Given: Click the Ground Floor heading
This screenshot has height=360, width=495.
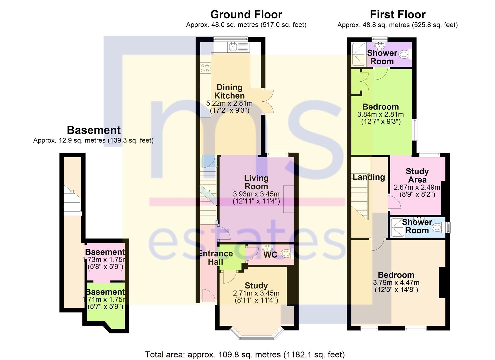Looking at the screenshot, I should (x=246, y=15).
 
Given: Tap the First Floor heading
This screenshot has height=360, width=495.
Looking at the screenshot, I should (x=397, y=15).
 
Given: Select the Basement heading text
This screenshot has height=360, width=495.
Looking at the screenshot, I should (x=94, y=130).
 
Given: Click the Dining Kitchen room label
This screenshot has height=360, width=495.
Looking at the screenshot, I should (x=229, y=91).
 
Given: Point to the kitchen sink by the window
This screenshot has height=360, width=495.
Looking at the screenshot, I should (x=233, y=47).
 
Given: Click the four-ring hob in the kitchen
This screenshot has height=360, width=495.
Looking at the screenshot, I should (x=205, y=68).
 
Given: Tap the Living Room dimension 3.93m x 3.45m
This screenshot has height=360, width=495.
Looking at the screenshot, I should (x=256, y=194).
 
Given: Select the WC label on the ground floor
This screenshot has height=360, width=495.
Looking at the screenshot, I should (x=270, y=255).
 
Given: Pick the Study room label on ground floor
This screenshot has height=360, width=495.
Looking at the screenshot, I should (x=256, y=286).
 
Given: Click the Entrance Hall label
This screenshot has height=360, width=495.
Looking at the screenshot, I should (x=216, y=258).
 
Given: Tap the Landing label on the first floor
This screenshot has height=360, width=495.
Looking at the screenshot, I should (x=369, y=177).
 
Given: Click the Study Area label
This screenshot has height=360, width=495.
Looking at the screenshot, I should (x=417, y=175).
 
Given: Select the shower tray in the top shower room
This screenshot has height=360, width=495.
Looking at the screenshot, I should (x=359, y=54).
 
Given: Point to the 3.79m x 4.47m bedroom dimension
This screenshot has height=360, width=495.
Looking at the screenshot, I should (x=396, y=283).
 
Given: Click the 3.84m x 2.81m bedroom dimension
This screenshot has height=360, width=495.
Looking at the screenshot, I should (x=380, y=114).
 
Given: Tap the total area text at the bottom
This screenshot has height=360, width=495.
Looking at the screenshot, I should (x=245, y=355).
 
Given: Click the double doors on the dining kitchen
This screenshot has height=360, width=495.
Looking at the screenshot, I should (x=268, y=101).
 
